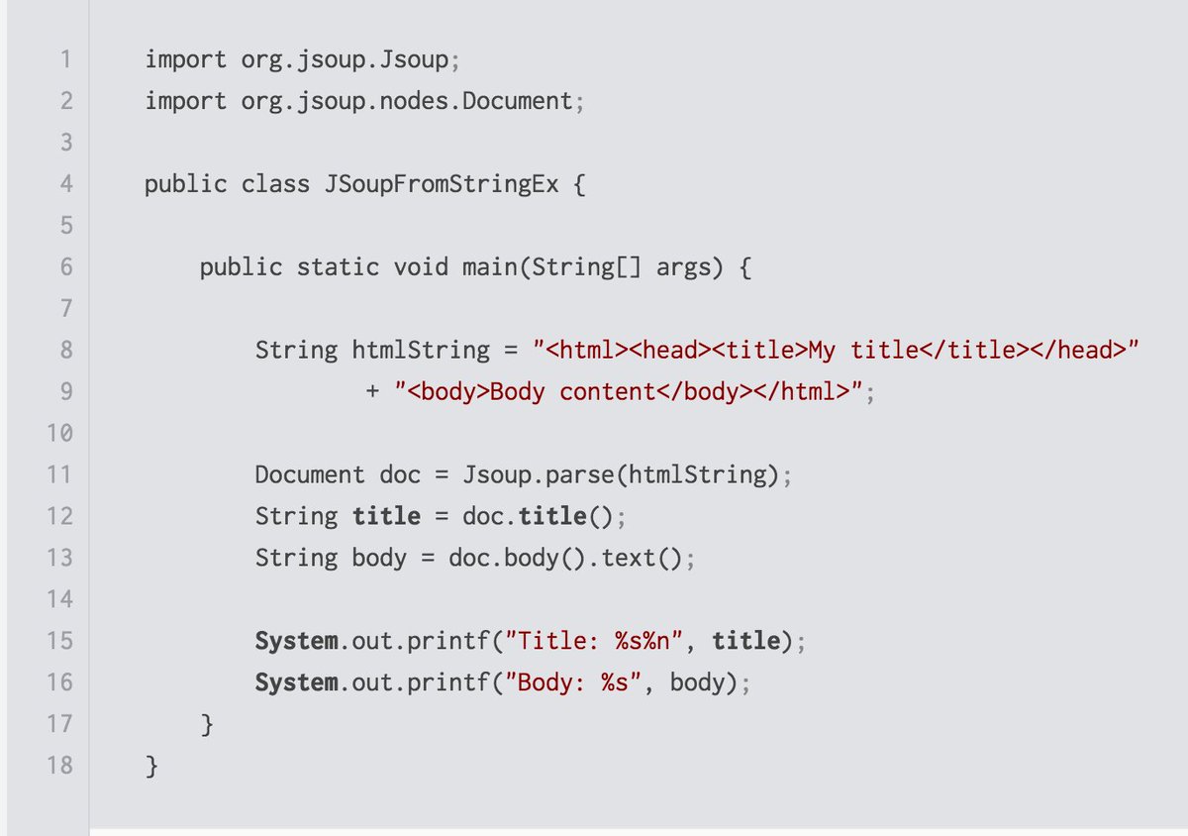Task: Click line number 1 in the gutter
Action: tap(65, 59)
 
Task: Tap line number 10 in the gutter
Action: tap(59, 433)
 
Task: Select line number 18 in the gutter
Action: tap(59, 765)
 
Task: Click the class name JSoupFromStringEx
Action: tap(441, 184)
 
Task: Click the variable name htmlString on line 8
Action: tap(421, 351)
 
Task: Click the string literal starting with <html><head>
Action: tap(837, 351)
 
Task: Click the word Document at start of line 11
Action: tap(310, 475)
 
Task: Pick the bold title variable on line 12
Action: tap(386, 517)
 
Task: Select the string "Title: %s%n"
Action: tap(595, 642)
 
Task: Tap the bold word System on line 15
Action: tap(296, 642)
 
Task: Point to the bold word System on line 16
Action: tap(296, 683)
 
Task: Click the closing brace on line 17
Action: tap(206, 725)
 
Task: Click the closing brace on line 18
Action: tap(151, 766)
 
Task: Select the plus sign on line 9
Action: tap(372, 392)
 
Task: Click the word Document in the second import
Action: tap(516, 101)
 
